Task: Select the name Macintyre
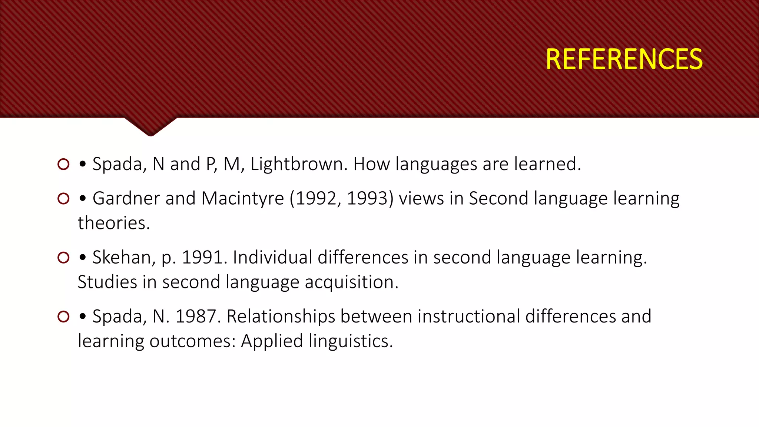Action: pos(242,198)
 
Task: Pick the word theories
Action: pos(114,223)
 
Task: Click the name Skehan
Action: pos(123,257)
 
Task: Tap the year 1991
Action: pos(203,257)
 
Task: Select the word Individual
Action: pos(272,257)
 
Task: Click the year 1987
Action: pos(196,317)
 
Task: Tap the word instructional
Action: pos(430,317)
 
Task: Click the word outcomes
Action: pos(192,341)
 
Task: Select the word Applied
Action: pos(272,341)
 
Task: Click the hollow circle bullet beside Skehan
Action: pos(64,257)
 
